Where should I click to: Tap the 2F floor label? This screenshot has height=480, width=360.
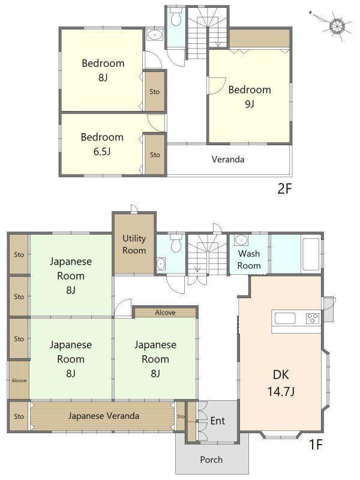click(284, 189)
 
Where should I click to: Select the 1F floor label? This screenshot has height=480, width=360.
click(316, 444)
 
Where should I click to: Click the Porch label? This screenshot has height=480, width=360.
click(211, 460)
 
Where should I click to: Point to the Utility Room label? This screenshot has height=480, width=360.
click(134, 244)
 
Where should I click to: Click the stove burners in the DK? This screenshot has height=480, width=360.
click(313, 319)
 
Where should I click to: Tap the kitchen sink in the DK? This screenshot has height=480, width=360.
click(285, 319)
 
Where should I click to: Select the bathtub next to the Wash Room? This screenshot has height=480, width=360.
click(311, 254)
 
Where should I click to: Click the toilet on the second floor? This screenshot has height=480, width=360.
click(176, 18)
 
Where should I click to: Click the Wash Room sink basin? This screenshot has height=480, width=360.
click(242, 240)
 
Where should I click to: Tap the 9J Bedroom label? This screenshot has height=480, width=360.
click(250, 97)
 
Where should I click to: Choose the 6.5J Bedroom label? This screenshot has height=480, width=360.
click(102, 144)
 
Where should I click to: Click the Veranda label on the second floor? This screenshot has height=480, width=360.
click(228, 159)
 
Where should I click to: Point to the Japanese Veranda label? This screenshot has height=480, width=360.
click(103, 416)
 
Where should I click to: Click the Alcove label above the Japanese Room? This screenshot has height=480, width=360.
click(166, 313)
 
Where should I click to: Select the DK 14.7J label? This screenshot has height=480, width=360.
click(281, 383)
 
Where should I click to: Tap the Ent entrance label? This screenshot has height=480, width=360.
click(218, 421)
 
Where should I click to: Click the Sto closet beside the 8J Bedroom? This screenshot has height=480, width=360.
click(155, 91)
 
